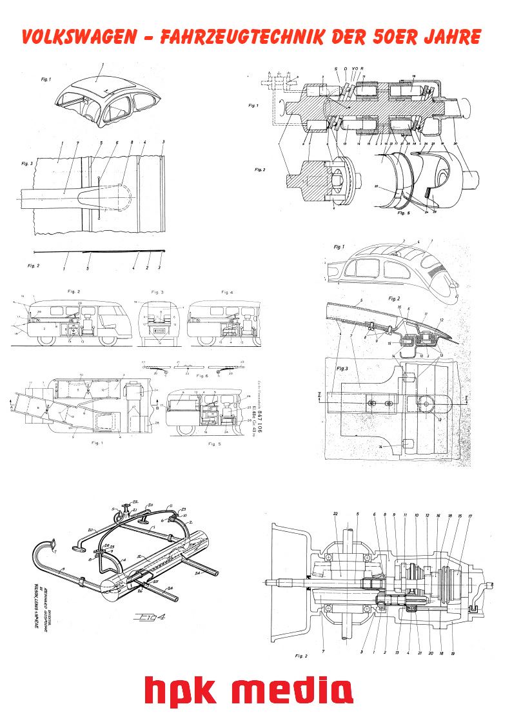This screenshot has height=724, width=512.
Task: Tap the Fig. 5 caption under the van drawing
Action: tap(215, 444)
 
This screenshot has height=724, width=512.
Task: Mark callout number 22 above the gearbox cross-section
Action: tap(336, 514)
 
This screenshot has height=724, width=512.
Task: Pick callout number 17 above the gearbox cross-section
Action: tap(470, 516)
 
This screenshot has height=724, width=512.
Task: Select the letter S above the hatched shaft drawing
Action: tap(335, 68)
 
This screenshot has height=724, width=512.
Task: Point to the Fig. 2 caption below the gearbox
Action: tap(300, 656)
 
